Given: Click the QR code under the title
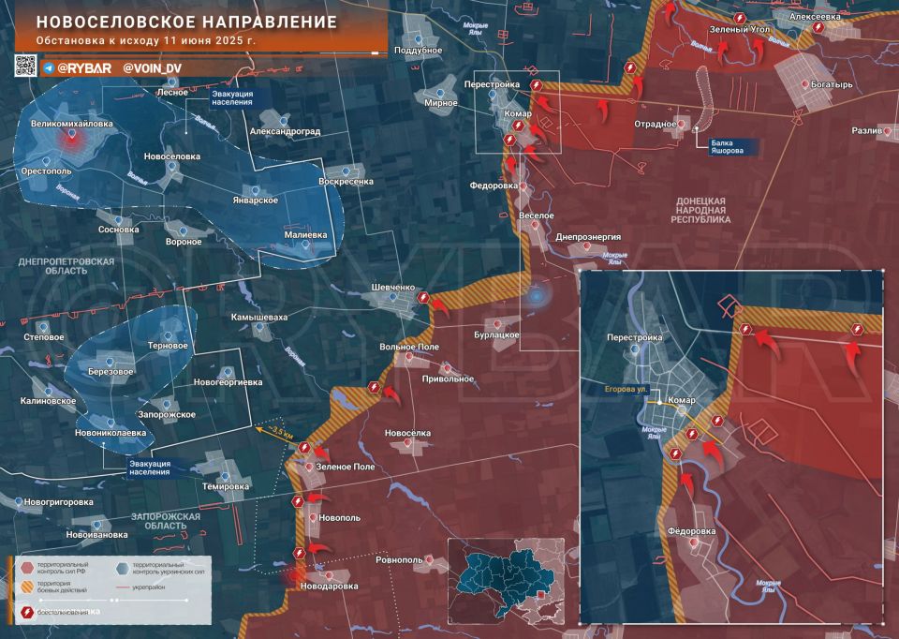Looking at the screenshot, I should [x=25, y=66].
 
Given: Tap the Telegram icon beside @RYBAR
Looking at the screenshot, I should [x=48, y=68].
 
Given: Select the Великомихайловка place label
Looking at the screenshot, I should [x=71, y=123].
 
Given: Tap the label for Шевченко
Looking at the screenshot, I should [x=393, y=287].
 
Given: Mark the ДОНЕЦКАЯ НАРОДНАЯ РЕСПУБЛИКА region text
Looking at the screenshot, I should [x=700, y=214].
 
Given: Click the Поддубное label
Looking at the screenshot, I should [x=418, y=49].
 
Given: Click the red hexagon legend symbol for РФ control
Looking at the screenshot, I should [x=26, y=567].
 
